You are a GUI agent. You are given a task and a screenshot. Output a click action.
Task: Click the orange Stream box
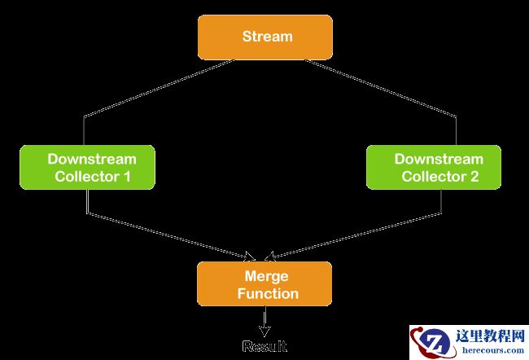[264, 37]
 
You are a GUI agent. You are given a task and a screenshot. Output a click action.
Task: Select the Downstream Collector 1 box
[88, 168]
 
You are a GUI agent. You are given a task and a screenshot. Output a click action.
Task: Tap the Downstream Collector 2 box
[438, 168]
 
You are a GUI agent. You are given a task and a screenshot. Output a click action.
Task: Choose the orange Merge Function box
[264, 284]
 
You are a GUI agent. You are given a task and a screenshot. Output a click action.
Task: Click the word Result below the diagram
[264, 347]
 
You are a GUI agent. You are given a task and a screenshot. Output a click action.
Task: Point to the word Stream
[267, 37]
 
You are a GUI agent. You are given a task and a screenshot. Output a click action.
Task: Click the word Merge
[266, 276]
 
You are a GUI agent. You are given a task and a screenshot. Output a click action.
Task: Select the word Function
[268, 293]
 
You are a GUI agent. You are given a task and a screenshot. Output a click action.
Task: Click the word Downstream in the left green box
[91, 159]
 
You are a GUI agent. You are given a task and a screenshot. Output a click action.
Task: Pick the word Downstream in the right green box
[439, 159]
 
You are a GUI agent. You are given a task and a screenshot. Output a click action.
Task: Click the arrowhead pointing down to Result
[264, 331]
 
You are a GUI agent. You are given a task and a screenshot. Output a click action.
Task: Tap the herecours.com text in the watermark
[492, 350]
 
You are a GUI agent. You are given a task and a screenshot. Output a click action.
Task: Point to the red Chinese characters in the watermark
[492, 335]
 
